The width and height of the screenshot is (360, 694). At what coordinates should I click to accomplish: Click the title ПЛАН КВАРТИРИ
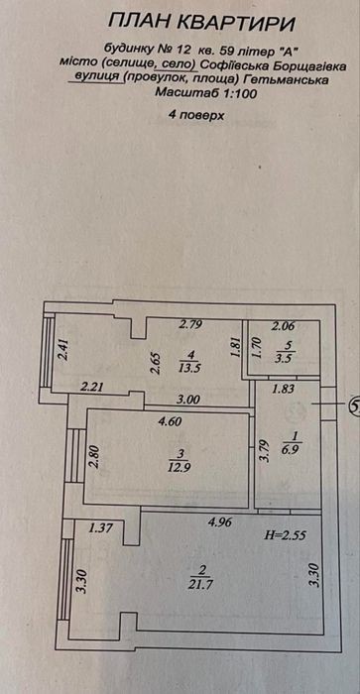pos(201,23)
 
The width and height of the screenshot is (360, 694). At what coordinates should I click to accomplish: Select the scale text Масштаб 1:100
pos(205,94)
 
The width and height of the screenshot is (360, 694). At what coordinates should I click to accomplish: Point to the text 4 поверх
pos(195,115)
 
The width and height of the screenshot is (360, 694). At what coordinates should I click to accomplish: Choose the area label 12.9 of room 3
pos(179,466)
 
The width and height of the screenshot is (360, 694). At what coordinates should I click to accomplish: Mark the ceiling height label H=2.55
pos(286,534)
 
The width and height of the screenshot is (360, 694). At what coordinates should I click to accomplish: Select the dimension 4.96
pos(220,522)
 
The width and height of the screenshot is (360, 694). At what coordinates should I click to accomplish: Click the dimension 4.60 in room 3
pos(171,421)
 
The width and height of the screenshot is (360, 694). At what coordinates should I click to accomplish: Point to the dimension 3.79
pos(265,450)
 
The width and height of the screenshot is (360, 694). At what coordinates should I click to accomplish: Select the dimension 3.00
pos(188,399)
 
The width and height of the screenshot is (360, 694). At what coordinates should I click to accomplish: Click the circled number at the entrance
pos(355,405)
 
